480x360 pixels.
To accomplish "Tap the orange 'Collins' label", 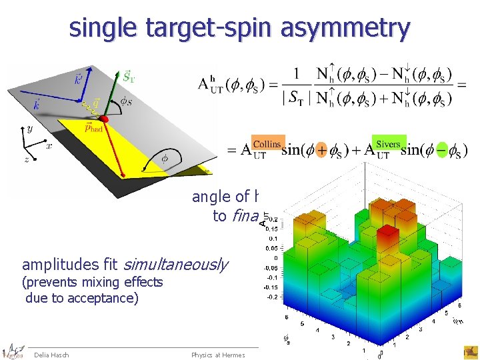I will tap(267, 144).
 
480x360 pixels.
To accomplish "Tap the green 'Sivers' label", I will tap(388, 144).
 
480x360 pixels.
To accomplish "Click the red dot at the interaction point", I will tap(103, 119).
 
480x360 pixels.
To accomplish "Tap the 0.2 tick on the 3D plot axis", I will tap(274, 217).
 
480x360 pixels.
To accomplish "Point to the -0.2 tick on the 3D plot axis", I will tap(273, 297).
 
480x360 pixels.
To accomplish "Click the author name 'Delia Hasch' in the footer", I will tap(51, 355).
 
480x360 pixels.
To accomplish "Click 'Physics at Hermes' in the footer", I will tap(218, 355).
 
